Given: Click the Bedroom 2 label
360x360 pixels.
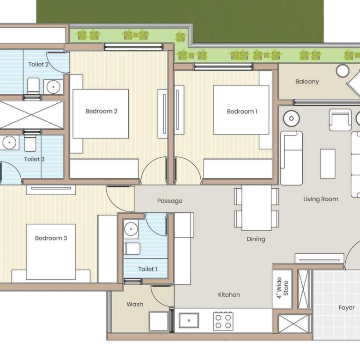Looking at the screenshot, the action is [101, 111].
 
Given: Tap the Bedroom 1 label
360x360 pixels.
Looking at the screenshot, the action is [242, 112].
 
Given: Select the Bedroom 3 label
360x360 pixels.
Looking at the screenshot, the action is [51, 238].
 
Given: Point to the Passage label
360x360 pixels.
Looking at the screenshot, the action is [170, 201].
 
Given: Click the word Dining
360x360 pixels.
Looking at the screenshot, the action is [256, 239].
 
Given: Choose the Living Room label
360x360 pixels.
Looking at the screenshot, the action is [321, 199].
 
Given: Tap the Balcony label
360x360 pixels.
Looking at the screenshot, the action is [307, 82].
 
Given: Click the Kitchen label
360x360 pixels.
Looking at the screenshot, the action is [229, 294].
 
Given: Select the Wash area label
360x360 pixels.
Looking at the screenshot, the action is [135, 304].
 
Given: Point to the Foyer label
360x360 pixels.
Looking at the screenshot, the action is [347, 308].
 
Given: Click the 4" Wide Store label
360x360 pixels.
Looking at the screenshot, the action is [282, 288].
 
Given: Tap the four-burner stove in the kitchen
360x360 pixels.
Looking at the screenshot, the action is [223, 321].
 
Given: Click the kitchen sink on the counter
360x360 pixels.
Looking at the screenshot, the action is [189, 320].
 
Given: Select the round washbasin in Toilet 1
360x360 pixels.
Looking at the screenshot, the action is [131, 229].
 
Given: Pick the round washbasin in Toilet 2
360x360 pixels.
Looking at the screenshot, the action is [53, 87].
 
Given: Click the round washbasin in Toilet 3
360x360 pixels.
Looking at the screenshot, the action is [9, 142].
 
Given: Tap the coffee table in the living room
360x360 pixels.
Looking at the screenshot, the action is [328, 164].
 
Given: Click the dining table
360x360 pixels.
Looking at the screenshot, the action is [257, 208].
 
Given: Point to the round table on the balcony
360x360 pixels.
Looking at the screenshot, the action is [342, 71].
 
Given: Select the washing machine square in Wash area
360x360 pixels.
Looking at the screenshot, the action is [159, 321].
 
